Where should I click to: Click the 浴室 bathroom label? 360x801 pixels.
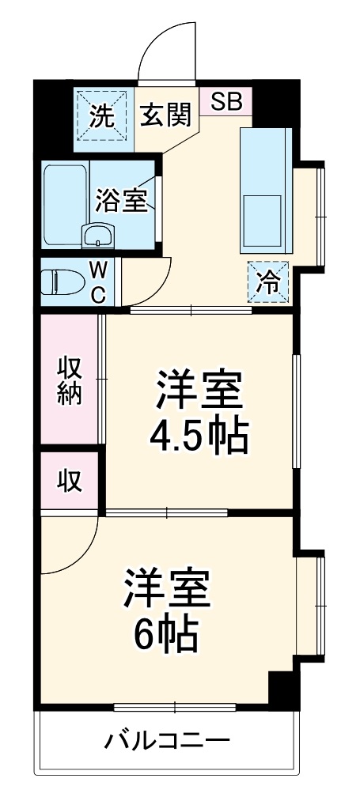tap(122, 200)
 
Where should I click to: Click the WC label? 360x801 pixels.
tap(98, 282)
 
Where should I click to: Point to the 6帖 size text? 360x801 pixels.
tap(166, 633)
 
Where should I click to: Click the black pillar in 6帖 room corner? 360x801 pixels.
tap(281, 689)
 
